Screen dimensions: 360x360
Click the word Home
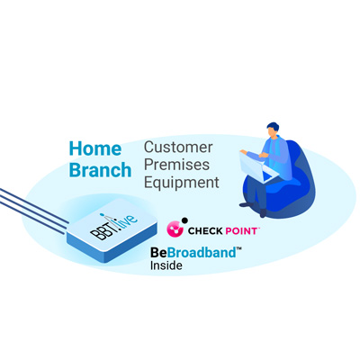95,148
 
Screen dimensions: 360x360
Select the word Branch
100,170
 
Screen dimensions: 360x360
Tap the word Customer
178,148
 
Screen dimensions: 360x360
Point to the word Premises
176,165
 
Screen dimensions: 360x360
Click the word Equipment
182,182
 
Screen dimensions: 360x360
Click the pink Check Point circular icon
175,229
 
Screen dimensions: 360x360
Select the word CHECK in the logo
205,231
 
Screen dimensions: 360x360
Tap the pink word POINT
241,231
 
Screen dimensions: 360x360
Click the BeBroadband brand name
193,253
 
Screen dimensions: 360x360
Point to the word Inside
166,265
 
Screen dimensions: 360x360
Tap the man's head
273,130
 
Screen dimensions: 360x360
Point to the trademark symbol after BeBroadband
239,249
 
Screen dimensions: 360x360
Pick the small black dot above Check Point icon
184,220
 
